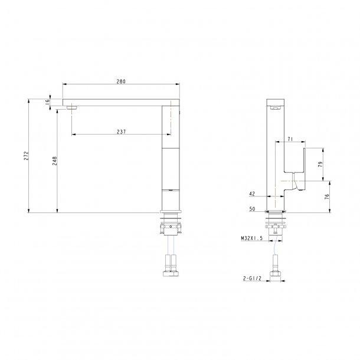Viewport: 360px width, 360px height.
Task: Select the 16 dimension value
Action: click(47, 102)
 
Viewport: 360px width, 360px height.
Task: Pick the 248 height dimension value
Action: click(55, 161)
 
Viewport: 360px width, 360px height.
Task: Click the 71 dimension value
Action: click(290, 139)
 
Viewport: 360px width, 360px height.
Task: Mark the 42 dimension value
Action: click(253, 194)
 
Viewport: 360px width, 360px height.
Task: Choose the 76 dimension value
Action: click(328, 197)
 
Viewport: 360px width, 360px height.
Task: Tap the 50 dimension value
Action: click(253, 209)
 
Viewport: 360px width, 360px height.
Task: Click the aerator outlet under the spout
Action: click(73, 108)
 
